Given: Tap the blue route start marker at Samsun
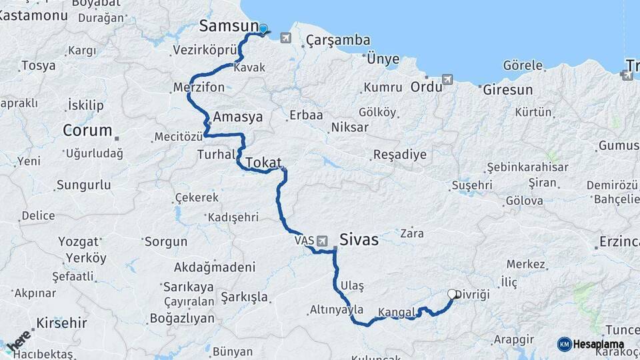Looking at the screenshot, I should point(263,29).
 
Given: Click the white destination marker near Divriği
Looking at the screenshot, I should point(452,293).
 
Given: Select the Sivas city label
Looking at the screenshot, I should point(359,239).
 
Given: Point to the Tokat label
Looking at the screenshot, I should point(264,163).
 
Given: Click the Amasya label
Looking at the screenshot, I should point(237,117).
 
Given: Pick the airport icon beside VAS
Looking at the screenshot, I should point(323,240).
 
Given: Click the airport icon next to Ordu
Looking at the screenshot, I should point(447,79).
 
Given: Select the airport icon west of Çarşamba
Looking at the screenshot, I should point(286,37).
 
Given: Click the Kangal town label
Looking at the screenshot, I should point(397,311).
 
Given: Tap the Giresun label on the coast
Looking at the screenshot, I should point(507,89).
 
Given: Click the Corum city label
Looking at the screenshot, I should point(87,131).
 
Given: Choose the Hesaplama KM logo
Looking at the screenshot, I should point(590,344).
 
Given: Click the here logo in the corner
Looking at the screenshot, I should point(18,340).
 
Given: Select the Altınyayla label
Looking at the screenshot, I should point(337,309).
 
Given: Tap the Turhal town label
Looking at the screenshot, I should point(216,155).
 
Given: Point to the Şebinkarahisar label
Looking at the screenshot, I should point(527,167).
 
